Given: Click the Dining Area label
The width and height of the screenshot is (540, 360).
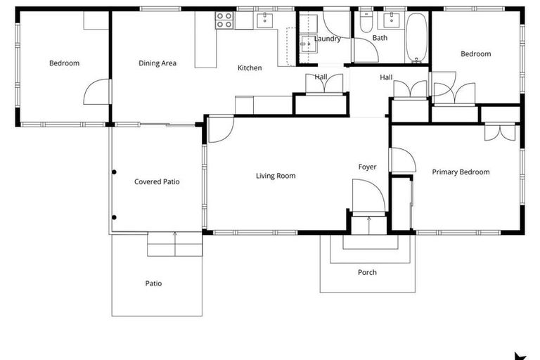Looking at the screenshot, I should [x=157, y=63].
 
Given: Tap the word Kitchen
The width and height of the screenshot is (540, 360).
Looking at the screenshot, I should [x=250, y=68].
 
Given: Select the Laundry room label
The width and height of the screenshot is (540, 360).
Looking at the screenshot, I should [x=327, y=39].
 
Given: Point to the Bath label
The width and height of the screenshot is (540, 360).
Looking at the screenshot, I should [x=380, y=38].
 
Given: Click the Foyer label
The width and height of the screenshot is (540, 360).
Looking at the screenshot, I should [x=367, y=167].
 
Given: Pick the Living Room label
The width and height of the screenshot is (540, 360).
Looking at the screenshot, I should [x=276, y=176].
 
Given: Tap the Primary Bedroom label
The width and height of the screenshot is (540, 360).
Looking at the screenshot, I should [x=461, y=172].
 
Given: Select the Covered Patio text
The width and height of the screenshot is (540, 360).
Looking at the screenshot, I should [x=157, y=181].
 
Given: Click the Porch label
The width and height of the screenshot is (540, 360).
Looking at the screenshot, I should [x=367, y=272].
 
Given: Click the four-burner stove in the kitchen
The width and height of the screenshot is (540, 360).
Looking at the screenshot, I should [x=224, y=20].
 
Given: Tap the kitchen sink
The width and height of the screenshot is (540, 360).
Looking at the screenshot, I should [x=265, y=18].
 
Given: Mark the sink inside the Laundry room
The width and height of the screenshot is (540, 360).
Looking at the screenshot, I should [x=307, y=46].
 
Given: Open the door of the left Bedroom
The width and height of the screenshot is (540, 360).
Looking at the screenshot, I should [x=98, y=91].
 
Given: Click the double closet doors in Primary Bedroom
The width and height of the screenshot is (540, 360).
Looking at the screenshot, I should [x=501, y=131].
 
